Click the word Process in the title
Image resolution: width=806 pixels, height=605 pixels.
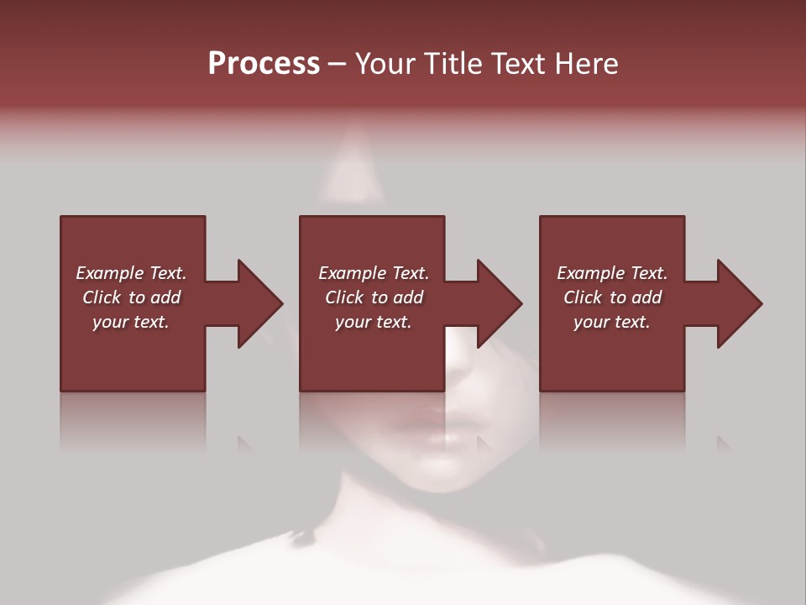click(264, 64)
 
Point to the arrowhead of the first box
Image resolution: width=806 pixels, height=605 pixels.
click(260, 303)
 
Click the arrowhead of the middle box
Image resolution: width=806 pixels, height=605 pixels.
click(500, 303)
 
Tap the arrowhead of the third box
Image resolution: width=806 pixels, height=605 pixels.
click(740, 303)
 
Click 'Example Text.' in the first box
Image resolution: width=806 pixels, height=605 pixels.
click(131, 273)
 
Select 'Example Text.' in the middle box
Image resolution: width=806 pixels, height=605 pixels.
click(374, 273)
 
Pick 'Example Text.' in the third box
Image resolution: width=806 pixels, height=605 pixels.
click(612, 273)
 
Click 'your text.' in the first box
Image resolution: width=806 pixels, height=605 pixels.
click(131, 322)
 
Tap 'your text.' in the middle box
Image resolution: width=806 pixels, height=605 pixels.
click(374, 322)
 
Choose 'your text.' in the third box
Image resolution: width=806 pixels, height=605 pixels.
click(612, 322)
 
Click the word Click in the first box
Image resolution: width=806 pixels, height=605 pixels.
click(102, 297)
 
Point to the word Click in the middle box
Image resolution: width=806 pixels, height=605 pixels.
click(344, 297)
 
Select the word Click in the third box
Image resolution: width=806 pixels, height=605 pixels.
click(583, 297)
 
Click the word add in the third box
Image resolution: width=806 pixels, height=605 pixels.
click(646, 297)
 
